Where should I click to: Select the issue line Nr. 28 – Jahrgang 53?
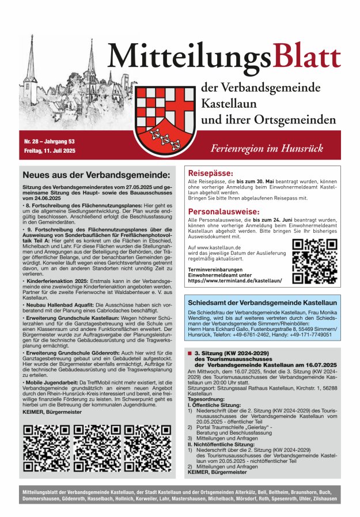pos(48,141)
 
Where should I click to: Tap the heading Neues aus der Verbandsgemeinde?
pos(96,175)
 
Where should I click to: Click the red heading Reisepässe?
pos(211,173)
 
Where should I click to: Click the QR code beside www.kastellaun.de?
pos(314,261)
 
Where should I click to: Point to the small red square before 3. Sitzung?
pos(190,352)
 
